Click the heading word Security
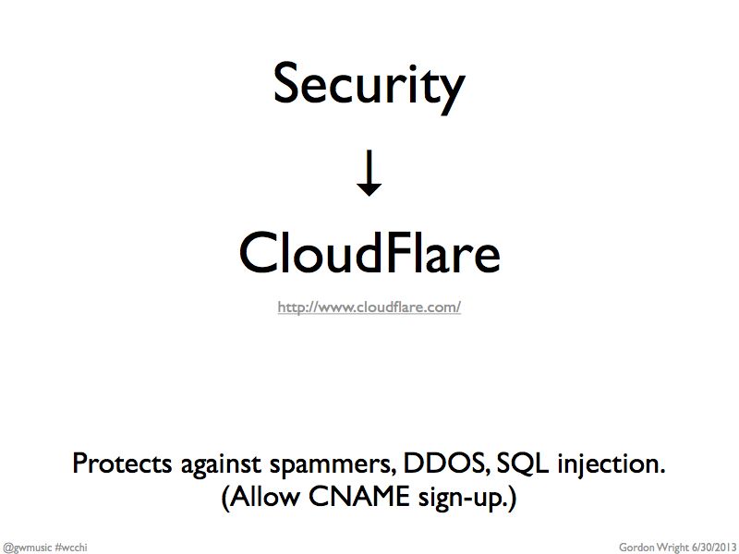(369, 87)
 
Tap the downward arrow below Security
(369, 173)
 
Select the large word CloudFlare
(369, 252)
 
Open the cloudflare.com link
(369, 307)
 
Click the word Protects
(122, 464)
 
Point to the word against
(220, 465)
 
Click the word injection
(612, 464)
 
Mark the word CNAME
(358, 497)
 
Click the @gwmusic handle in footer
(27, 548)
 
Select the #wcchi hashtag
(71, 548)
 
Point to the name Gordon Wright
(654, 548)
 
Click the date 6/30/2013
(714, 548)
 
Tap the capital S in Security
(286, 84)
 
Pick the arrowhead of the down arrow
(369, 190)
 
